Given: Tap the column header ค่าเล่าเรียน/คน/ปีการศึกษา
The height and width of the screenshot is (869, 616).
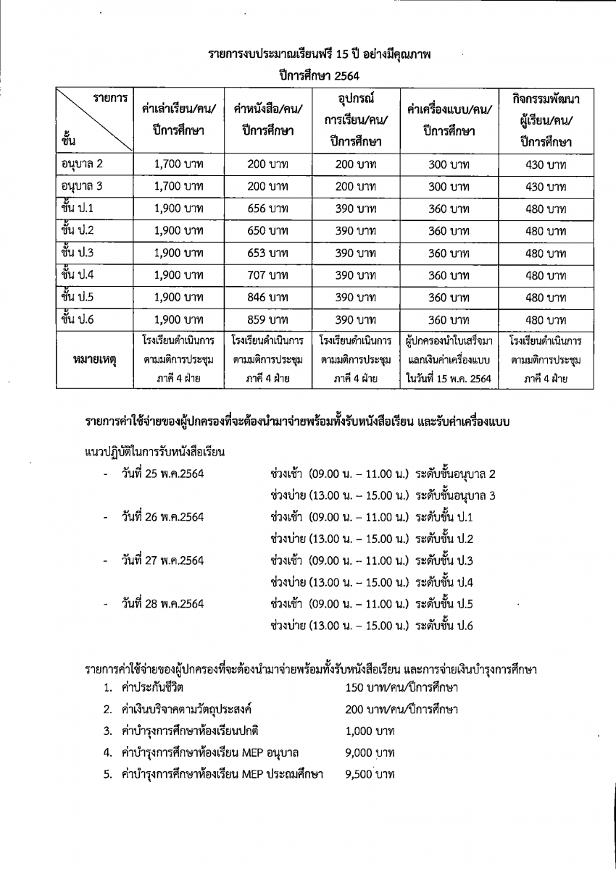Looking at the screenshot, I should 178,120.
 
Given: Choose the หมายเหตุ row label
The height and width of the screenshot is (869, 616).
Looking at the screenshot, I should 95,359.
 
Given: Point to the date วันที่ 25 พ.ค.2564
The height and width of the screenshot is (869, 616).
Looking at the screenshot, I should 163,474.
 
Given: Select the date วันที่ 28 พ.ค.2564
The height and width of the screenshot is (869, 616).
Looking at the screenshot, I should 163,603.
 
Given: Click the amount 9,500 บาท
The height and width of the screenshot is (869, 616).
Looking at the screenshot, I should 370,774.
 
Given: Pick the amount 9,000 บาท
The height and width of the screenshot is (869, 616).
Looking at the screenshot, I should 370,752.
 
